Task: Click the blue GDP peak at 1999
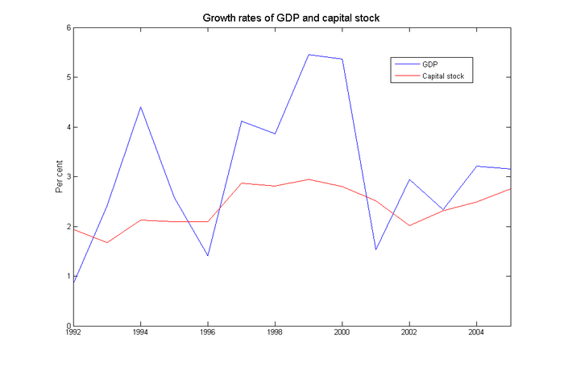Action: click(x=309, y=55)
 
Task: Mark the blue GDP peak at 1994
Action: click(x=140, y=107)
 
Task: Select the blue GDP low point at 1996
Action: click(x=207, y=256)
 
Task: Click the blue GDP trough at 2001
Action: click(x=375, y=249)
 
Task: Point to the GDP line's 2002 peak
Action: click(x=409, y=179)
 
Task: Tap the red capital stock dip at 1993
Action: click(x=107, y=243)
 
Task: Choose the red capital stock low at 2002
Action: click(x=409, y=225)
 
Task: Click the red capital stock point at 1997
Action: click(x=241, y=183)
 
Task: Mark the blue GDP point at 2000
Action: click(x=342, y=59)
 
